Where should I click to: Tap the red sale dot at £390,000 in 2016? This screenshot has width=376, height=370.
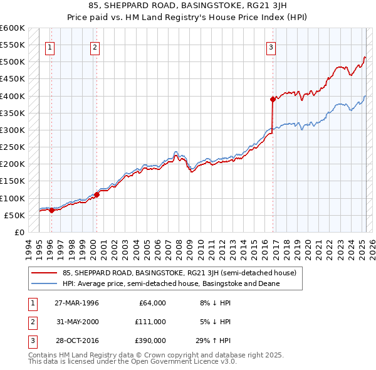pos(273,99)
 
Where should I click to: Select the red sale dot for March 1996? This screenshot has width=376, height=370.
pos(52,210)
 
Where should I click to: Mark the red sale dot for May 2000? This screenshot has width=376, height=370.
pos(97,194)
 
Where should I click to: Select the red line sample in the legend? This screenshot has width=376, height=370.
pos(44,273)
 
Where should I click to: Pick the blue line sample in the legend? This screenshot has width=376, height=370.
pos(44,283)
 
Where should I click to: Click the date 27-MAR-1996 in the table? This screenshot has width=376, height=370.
pos(76,303)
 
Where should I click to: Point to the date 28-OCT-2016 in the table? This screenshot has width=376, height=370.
pos(76,342)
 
